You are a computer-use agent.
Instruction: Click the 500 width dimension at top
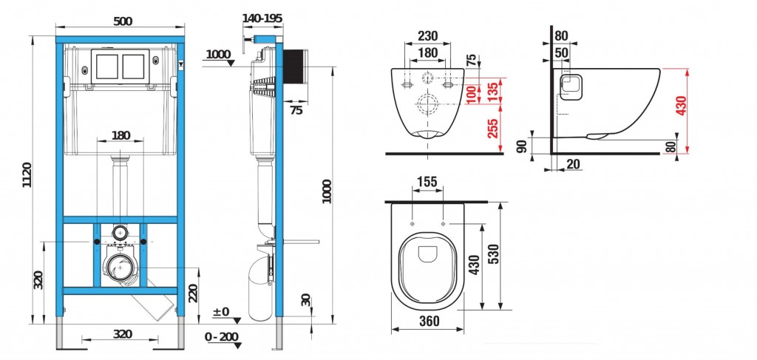pyautogui.click(x=123, y=21)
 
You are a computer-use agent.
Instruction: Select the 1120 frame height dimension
pyautogui.click(x=27, y=175)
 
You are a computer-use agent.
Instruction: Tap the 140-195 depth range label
pyautogui.click(x=262, y=18)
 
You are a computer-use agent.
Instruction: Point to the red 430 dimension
pyautogui.click(x=681, y=106)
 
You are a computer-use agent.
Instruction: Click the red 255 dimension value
pyautogui.click(x=492, y=129)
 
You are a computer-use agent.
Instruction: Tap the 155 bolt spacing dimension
pyautogui.click(x=427, y=182)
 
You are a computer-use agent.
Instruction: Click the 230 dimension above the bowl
pyautogui.click(x=428, y=35)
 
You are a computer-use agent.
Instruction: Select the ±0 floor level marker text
pyautogui.click(x=221, y=312)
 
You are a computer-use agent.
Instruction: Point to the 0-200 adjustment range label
pyautogui.click(x=222, y=337)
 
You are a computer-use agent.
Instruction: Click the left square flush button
pyautogui.click(x=106, y=67)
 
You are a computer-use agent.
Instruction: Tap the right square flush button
pyautogui.click(x=133, y=67)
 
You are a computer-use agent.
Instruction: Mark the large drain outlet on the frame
pyautogui.click(x=119, y=267)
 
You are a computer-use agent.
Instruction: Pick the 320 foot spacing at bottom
pyautogui.click(x=123, y=334)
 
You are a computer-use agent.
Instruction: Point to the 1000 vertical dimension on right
pyautogui.click(x=327, y=191)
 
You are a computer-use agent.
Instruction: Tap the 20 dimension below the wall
pyautogui.click(x=573, y=165)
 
